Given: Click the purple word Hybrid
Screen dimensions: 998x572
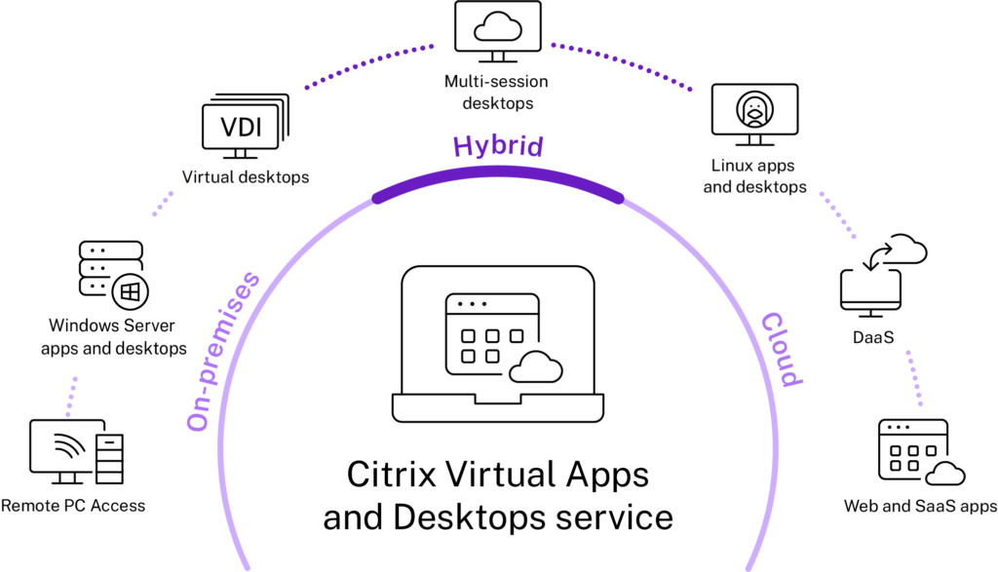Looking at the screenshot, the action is (x=498, y=147).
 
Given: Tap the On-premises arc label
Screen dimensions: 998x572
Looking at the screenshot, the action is (x=223, y=351).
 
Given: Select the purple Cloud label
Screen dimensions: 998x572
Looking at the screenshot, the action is (x=783, y=349).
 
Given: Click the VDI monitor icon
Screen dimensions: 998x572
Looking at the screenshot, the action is (x=246, y=127).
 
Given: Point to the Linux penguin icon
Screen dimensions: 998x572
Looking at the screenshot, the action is (x=755, y=109).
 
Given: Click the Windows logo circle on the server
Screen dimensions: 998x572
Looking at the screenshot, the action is (x=130, y=292).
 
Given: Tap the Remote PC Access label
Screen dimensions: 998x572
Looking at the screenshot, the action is (x=73, y=506).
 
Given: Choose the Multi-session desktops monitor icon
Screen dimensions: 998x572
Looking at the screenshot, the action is (x=498, y=31).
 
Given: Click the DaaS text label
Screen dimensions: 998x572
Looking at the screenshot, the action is (x=873, y=337).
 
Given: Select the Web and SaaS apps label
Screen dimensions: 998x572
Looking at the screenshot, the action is (x=920, y=507).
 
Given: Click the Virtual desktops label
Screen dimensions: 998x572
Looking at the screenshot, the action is (x=246, y=177).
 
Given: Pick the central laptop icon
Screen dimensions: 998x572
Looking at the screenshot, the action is (x=498, y=344).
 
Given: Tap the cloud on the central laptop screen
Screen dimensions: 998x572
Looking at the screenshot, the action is (x=536, y=367).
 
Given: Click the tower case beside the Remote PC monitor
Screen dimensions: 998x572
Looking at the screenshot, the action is (x=109, y=459).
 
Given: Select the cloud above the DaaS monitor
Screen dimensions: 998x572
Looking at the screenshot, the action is (x=903, y=248).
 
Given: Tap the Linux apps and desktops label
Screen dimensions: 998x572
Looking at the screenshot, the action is (x=754, y=176).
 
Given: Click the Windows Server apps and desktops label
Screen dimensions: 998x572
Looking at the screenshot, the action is (x=113, y=336).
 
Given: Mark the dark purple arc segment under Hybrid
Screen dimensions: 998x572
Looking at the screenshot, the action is (x=498, y=173).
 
